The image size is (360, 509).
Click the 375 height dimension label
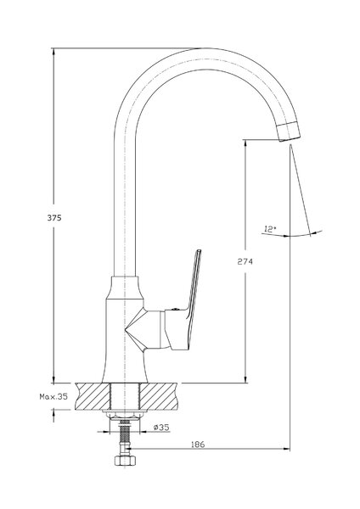pyautogui.click(x=54, y=218)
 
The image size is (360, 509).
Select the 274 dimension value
pyautogui.click(x=245, y=261)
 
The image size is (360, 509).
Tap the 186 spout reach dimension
pyautogui.click(x=198, y=444)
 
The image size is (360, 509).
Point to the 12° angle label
pyautogui.click(x=270, y=229)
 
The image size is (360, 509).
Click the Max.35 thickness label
pyautogui.click(x=53, y=396)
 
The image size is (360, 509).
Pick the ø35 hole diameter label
pyautogui.click(x=161, y=428)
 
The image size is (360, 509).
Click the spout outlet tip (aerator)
pyautogui.click(x=288, y=131)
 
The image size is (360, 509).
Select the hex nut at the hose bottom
pyautogui.click(x=123, y=461)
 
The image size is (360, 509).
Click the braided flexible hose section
pyautogui.click(x=124, y=433)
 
